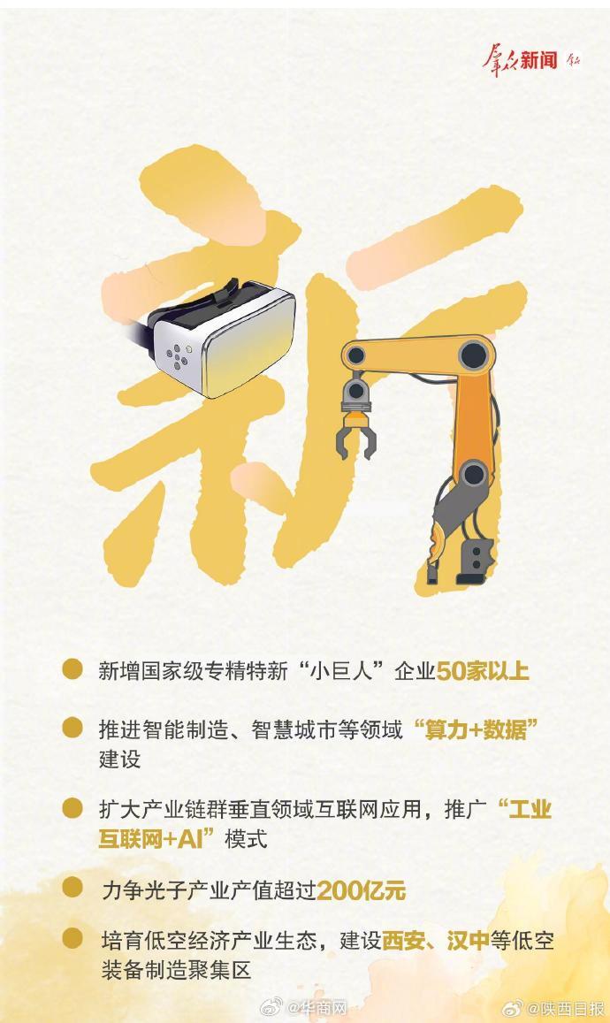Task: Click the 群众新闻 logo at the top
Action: point(530,60)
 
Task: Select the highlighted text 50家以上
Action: point(483,671)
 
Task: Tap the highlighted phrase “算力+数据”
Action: point(477,729)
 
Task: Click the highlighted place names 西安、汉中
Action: point(435,940)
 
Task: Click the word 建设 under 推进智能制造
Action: point(119,760)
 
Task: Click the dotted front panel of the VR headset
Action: point(180,355)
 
